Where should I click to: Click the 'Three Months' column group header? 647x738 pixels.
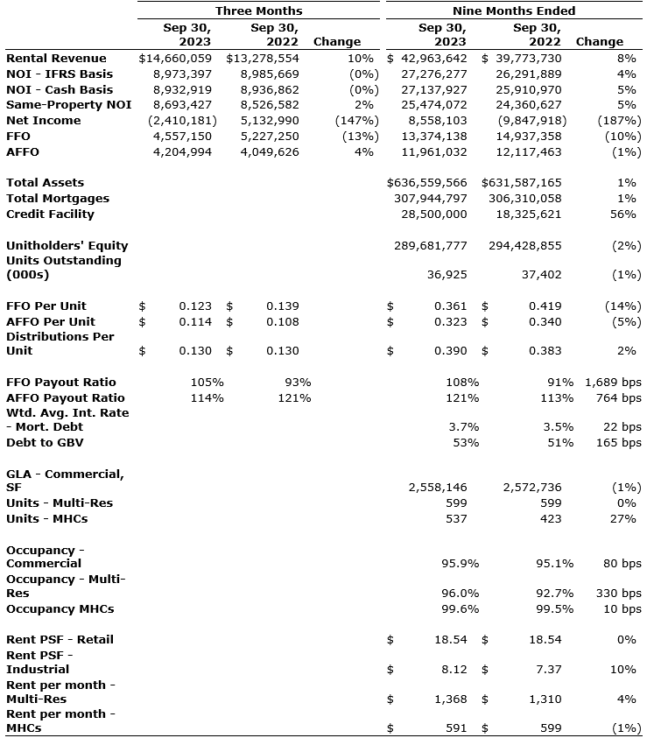pos(258,11)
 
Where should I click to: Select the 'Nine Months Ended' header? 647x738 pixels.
pos(514,11)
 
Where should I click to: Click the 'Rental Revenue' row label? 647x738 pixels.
pos(56,58)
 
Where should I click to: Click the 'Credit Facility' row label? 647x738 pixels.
pos(50,214)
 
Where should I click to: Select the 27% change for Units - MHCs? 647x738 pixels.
pos(629,518)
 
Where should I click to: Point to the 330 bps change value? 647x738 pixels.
pos(619,593)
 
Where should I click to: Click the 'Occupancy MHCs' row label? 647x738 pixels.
pos(60,608)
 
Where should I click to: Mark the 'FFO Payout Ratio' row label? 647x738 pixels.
pos(60,382)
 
